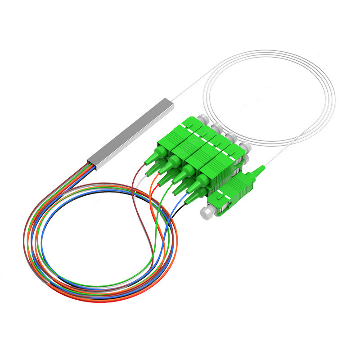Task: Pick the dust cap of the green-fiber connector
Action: (231, 136)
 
